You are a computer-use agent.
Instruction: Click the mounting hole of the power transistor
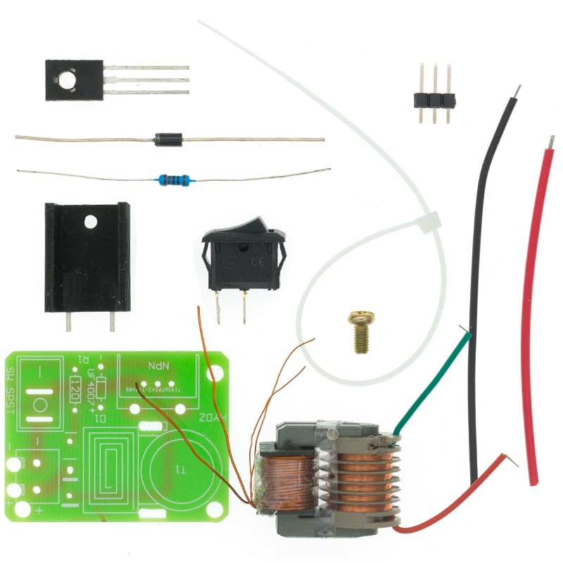(65, 81)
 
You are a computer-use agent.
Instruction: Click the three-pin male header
(434, 99)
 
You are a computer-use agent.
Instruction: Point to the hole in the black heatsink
(90, 222)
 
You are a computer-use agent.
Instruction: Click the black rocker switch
(244, 255)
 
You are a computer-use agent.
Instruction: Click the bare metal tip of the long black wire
(517, 92)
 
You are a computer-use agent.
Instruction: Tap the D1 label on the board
(101, 419)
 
